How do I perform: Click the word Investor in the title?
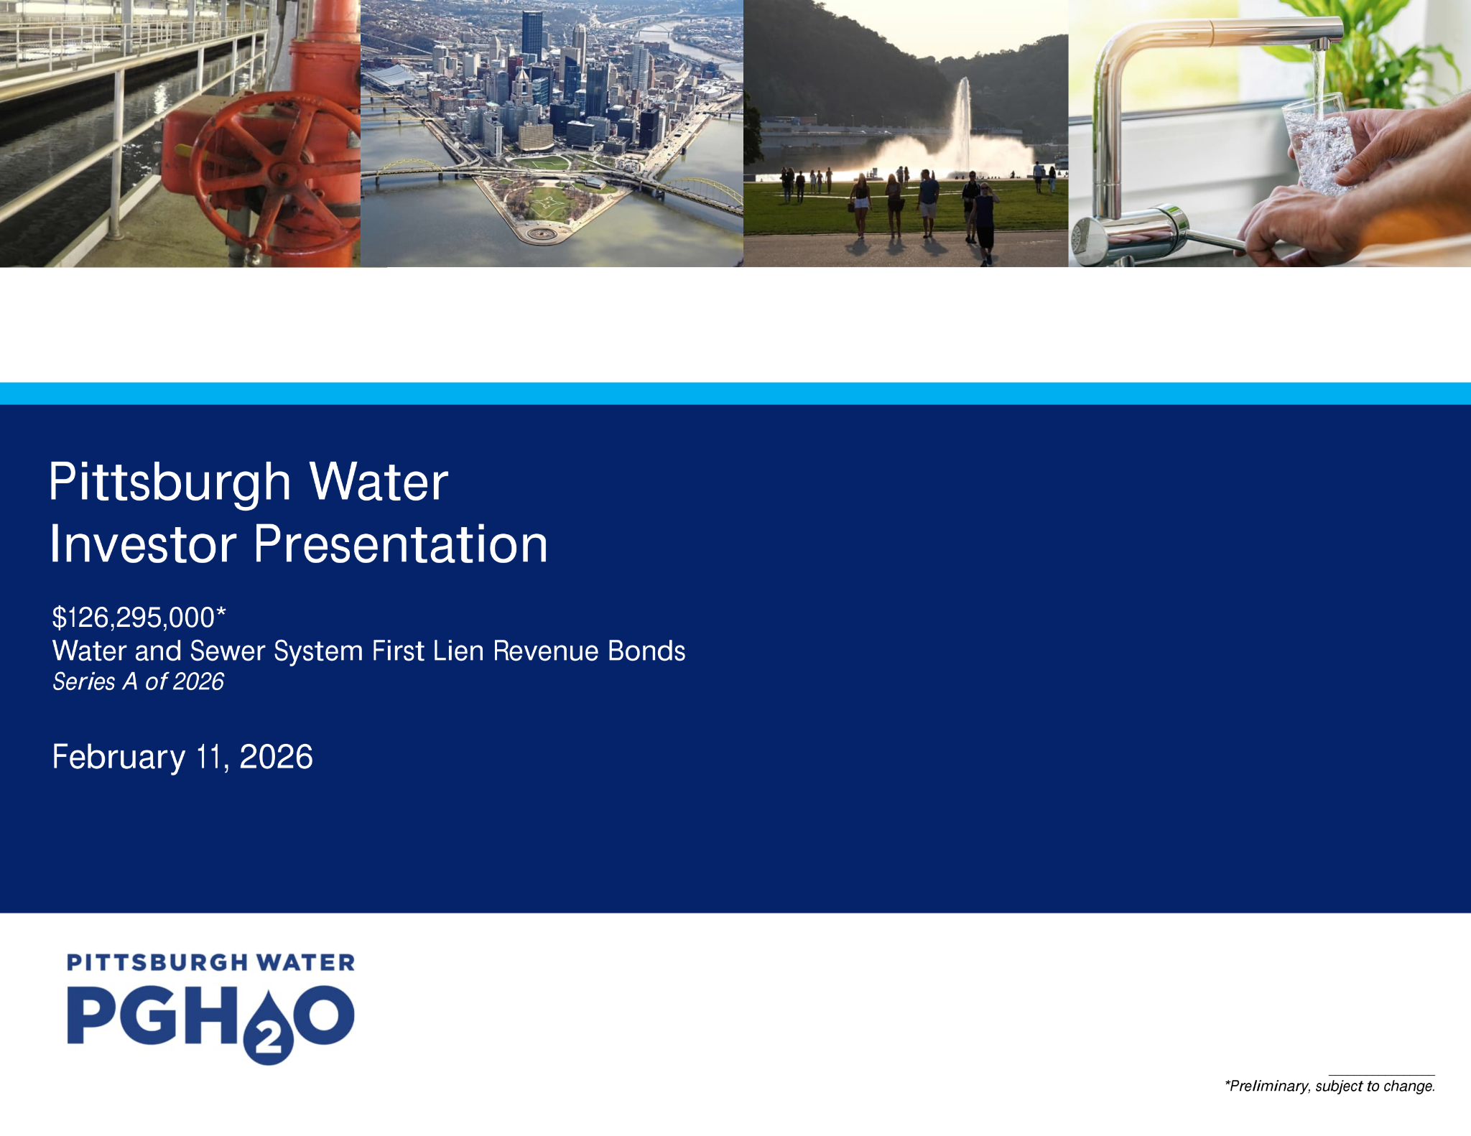pos(143,544)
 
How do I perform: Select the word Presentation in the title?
pos(401,544)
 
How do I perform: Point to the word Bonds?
pos(646,651)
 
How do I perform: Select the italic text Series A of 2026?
pos(138,681)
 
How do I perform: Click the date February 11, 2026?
pos(182,757)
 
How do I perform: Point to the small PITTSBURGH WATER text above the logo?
pos(210,962)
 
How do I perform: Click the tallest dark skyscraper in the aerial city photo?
pos(532,35)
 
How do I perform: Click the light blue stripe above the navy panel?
pos(735,394)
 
